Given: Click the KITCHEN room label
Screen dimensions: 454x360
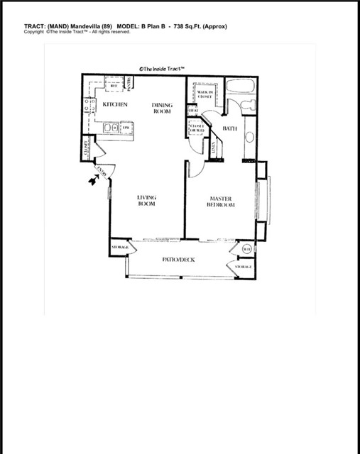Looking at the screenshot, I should (114, 104).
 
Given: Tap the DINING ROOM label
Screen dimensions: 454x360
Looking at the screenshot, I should (161, 109).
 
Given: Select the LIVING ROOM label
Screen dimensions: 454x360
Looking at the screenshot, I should (147, 200).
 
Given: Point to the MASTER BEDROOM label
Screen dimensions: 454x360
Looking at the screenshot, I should (221, 201).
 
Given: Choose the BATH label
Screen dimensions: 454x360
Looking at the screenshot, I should (229, 128).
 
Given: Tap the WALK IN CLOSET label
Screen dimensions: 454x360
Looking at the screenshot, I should (205, 95).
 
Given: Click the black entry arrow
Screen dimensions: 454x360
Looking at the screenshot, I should (92, 182).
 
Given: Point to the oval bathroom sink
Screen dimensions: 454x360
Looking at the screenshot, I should (250, 135).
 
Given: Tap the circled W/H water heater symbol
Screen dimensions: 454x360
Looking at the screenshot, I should (246, 249).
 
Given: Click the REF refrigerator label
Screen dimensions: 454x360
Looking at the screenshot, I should (111, 83).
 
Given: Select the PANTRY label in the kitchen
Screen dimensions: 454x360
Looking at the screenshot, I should (130, 85).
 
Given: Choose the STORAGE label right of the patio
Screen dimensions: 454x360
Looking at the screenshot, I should (244, 267).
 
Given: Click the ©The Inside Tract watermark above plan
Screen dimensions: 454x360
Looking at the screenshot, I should (163, 68).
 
